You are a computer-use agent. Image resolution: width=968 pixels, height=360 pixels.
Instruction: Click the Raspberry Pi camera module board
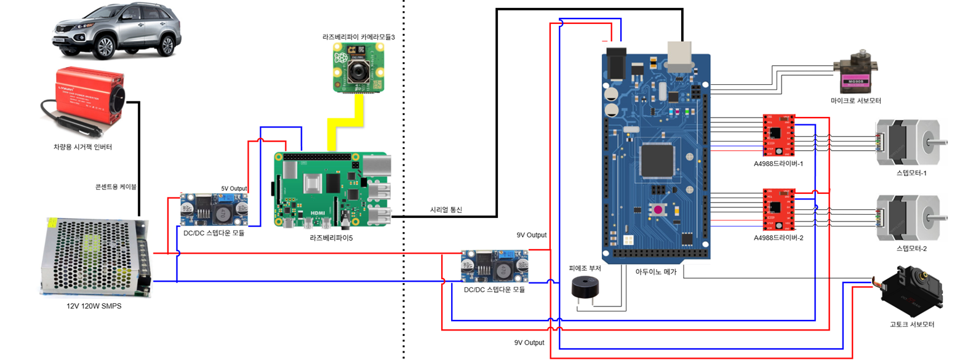[359, 68]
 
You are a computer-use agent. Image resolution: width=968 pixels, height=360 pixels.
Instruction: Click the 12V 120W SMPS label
[94, 306]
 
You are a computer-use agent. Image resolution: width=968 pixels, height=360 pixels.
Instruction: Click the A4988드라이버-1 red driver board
[778, 135]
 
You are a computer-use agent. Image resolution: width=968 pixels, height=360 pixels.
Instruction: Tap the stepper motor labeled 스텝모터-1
[908, 142]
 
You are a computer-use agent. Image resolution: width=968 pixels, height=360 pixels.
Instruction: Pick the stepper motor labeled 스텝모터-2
[908, 218]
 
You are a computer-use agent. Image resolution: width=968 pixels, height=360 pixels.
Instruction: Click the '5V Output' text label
[234, 189]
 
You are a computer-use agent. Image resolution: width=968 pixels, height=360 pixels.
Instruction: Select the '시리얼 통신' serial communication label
[446, 210]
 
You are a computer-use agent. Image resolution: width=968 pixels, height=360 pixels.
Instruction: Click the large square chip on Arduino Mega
[658, 161]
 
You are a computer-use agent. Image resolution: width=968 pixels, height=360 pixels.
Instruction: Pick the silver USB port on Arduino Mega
[679, 56]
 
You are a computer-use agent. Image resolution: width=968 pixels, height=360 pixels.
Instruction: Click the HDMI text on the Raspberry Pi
[318, 213]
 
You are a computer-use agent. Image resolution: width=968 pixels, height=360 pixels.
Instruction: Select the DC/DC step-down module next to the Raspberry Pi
[214, 209]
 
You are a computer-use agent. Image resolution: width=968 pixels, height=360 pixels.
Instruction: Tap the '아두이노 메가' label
[655, 272]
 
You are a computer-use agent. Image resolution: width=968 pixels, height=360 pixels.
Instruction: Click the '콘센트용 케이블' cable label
[116, 186]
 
